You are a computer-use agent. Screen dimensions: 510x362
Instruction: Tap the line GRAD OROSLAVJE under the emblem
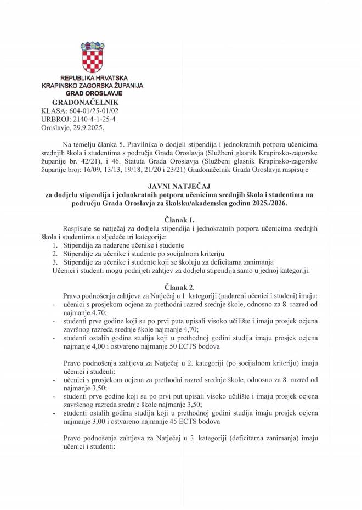tap(90, 94)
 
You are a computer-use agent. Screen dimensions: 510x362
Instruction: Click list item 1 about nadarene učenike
tap(122, 244)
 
